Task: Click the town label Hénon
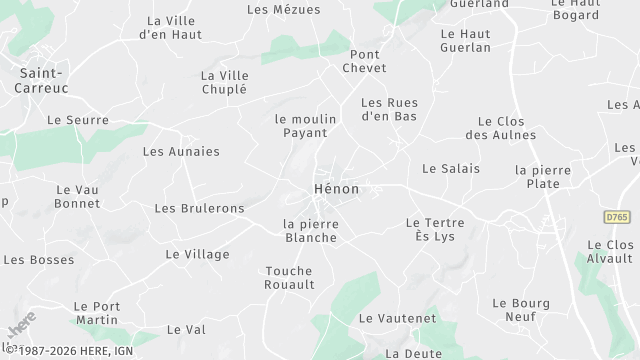335,189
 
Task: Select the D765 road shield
618,215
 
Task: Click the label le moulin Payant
305,125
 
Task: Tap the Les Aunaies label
181,152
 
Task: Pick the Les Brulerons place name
199,208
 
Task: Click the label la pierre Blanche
311,231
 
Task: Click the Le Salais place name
451,169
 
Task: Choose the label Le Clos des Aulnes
501,128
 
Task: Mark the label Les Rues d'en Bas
388,109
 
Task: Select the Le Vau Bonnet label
78,196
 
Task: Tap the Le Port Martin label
97,313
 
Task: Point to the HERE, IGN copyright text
66,352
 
